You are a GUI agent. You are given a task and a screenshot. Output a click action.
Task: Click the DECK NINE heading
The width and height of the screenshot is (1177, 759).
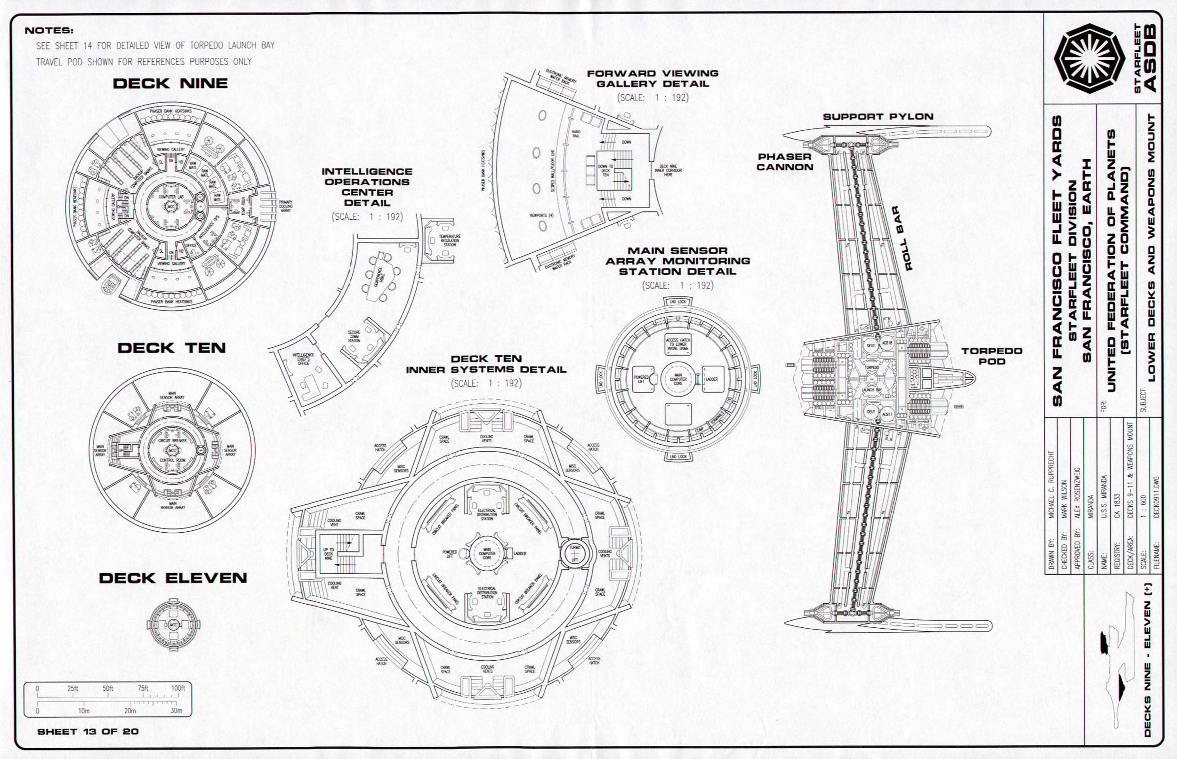coord(170,83)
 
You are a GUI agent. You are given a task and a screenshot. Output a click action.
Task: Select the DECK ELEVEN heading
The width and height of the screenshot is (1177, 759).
coord(173,578)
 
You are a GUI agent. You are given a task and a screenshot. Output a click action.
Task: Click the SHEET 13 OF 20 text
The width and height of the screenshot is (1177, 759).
coord(88,731)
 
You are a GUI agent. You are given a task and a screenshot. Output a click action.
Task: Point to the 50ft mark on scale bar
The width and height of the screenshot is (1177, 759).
coord(107,688)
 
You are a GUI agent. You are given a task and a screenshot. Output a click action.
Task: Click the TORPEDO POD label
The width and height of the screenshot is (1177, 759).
coord(992,356)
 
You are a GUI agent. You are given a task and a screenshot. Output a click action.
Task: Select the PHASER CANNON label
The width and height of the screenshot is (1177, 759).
coord(784,162)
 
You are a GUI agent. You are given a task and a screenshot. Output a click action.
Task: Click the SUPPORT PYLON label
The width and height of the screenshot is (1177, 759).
coord(878,117)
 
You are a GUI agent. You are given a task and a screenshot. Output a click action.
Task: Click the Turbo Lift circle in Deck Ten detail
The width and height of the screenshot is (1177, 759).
coord(575,553)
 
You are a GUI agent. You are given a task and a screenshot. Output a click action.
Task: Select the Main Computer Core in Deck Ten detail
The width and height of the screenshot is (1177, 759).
coord(487,553)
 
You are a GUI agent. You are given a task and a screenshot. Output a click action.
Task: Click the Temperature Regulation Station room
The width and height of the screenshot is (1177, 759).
coord(449,240)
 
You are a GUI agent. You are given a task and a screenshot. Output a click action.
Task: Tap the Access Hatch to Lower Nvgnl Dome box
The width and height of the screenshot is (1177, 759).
coord(678,344)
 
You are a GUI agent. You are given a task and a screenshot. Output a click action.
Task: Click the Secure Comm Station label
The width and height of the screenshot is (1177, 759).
coord(354,336)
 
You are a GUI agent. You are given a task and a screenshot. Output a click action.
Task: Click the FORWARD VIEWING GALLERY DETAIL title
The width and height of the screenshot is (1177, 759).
coord(653,79)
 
